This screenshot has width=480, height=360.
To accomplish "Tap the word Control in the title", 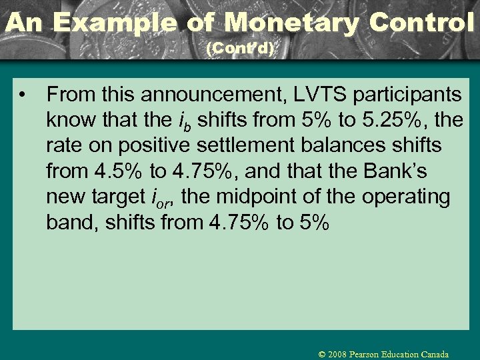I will [x=421, y=23].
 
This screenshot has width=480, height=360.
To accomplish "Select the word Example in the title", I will [x=115, y=23].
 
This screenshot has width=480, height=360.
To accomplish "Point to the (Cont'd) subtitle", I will [x=240, y=49].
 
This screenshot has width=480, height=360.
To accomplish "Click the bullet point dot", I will [x=24, y=95].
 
